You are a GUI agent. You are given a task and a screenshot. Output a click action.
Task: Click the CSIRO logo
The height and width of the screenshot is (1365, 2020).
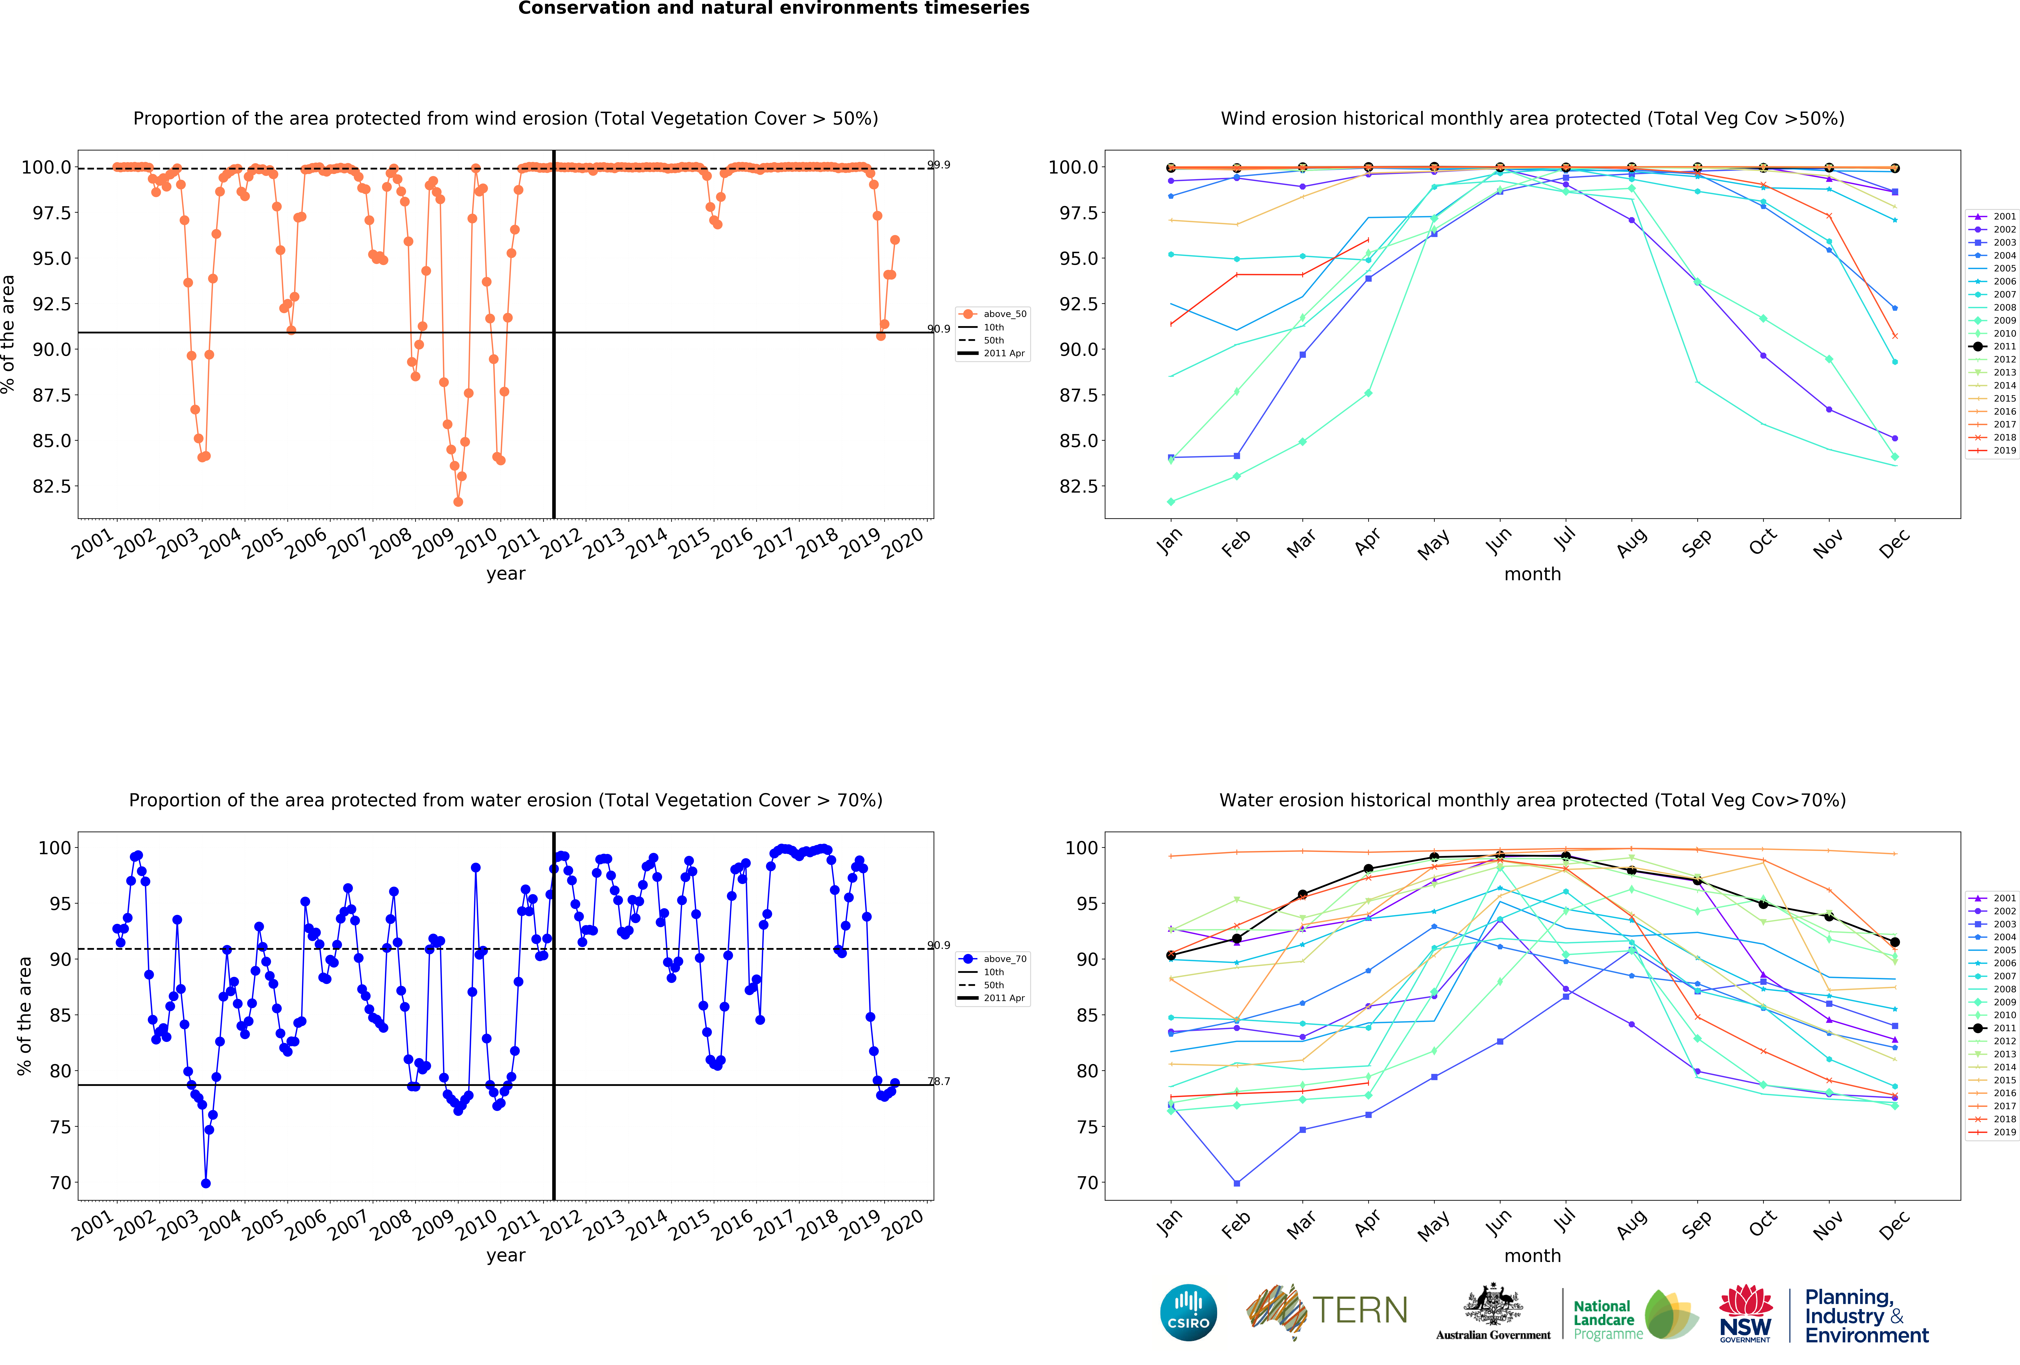tap(1188, 1312)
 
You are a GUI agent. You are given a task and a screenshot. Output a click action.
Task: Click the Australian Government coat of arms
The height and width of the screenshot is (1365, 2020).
tap(1492, 1304)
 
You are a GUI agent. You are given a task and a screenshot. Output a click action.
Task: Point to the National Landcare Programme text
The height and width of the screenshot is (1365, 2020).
tap(1608, 1319)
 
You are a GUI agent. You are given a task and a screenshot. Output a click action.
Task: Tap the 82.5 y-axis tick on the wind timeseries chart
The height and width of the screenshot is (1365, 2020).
tap(52, 486)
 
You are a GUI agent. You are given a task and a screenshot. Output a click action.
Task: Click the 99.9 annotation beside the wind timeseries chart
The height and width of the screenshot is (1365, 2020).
tap(939, 165)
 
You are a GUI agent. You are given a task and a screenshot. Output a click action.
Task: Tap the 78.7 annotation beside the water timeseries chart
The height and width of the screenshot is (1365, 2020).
tap(939, 1082)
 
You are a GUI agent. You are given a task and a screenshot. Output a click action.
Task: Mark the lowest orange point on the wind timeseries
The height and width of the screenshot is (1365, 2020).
tap(458, 502)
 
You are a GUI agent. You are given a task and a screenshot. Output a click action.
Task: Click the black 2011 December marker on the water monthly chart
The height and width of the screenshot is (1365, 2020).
tap(1895, 942)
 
